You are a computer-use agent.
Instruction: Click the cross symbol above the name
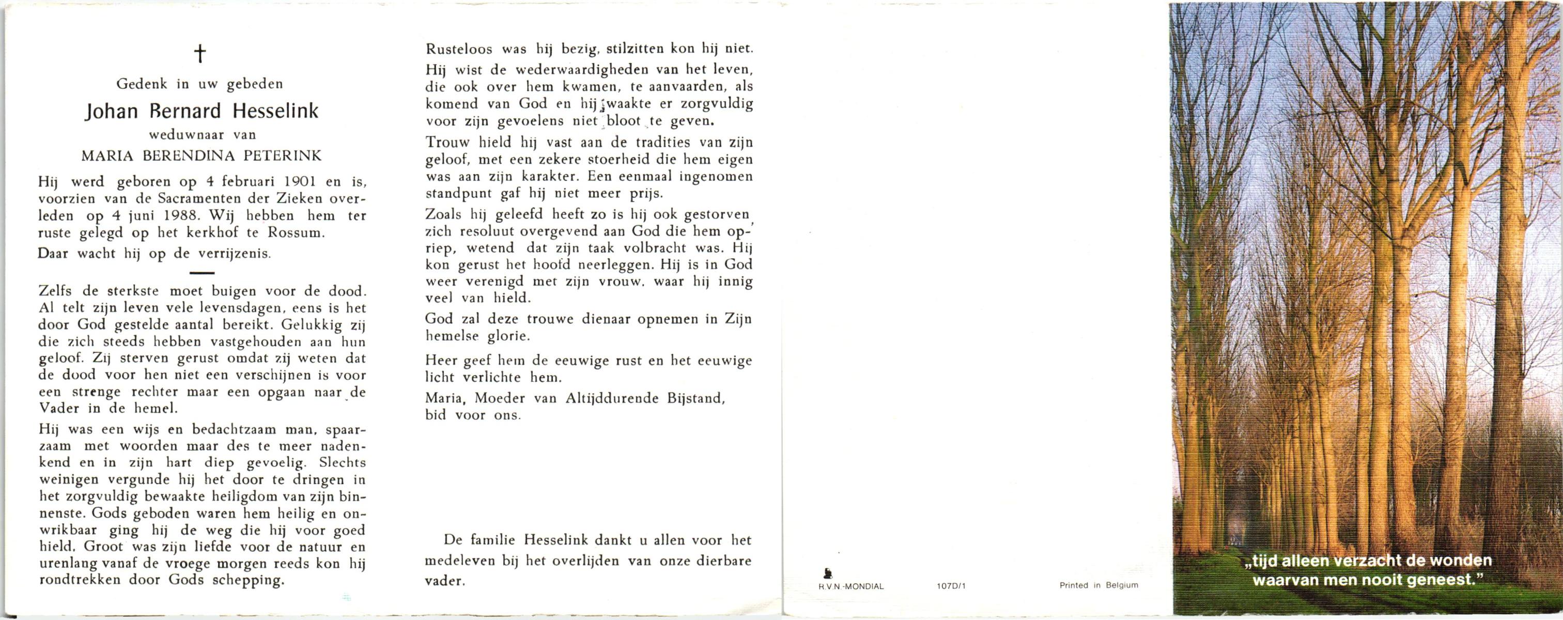pyautogui.click(x=199, y=55)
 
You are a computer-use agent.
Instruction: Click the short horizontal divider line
pyautogui.click(x=202, y=274)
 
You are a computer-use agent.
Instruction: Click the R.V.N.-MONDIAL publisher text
pyautogui.click(x=847, y=586)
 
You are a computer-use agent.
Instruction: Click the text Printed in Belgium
pyautogui.click(x=1099, y=585)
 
